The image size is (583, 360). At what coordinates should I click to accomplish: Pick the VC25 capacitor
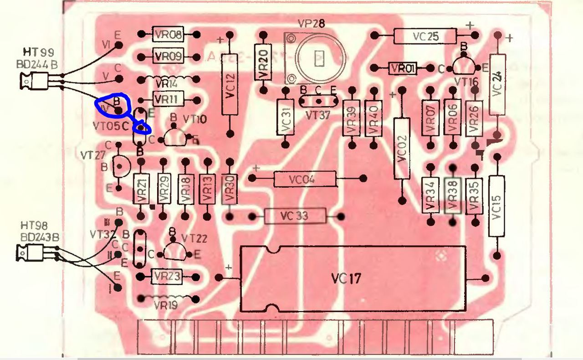coord(425,36)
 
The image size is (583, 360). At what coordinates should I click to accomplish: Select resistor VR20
coord(263,60)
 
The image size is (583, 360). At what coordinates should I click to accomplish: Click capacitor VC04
coord(305,179)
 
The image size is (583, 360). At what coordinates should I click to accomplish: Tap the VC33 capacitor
coord(295,216)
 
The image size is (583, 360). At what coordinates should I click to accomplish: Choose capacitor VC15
coord(496,206)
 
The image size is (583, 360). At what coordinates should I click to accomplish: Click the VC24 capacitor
coord(497,85)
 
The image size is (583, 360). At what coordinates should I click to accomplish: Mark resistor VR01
coord(402,69)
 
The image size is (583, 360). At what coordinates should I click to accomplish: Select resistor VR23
coord(167,276)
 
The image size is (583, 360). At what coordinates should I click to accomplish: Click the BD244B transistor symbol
coord(34,82)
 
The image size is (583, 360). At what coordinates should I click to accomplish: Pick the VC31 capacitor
coord(286,117)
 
